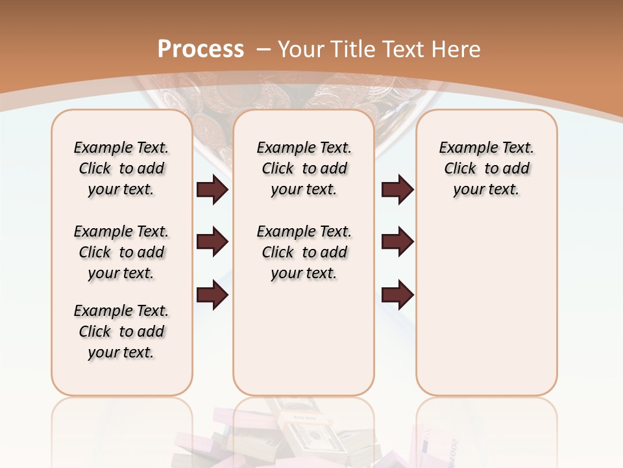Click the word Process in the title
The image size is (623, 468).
pyautogui.click(x=201, y=49)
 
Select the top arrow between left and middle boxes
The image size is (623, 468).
pyautogui.click(x=212, y=190)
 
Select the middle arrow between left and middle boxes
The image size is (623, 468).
pyautogui.click(x=212, y=242)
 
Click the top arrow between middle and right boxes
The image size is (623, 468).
pyautogui.click(x=398, y=190)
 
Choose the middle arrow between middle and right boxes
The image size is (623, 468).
pyautogui.click(x=398, y=242)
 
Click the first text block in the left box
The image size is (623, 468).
pyautogui.click(x=121, y=168)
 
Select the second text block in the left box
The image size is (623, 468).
pyautogui.click(x=121, y=252)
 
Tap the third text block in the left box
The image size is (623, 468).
pyautogui.click(x=121, y=331)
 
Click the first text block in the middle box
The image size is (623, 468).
pyautogui.click(x=304, y=168)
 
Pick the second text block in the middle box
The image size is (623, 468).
pyautogui.click(x=304, y=252)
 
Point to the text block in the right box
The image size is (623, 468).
pyautogui.click(x=486, y=168)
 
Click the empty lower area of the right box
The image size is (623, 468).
pyautogui.click(x=486, y=305)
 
